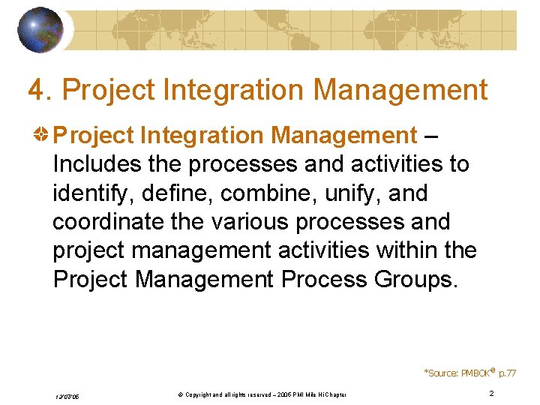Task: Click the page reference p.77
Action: [x=507, y=373]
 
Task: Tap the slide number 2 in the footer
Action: [x=491, y=394]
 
